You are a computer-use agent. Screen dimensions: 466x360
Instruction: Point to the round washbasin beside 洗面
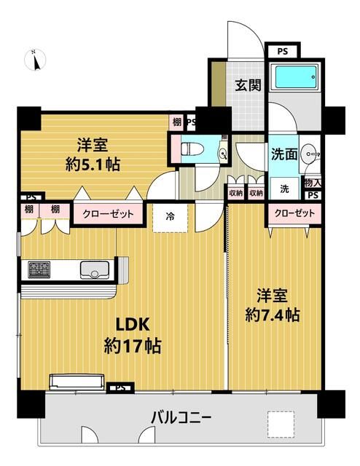tap(312, 154)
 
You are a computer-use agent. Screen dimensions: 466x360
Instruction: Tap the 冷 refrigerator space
tap(169, 216)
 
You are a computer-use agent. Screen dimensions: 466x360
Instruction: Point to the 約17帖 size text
tap(132, 345)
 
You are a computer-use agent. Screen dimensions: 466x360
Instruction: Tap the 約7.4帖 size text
tap(272, 315)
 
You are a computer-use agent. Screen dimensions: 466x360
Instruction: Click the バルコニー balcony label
tap(181, 419)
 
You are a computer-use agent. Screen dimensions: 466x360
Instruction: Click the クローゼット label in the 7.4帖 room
tap(295, 213)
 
